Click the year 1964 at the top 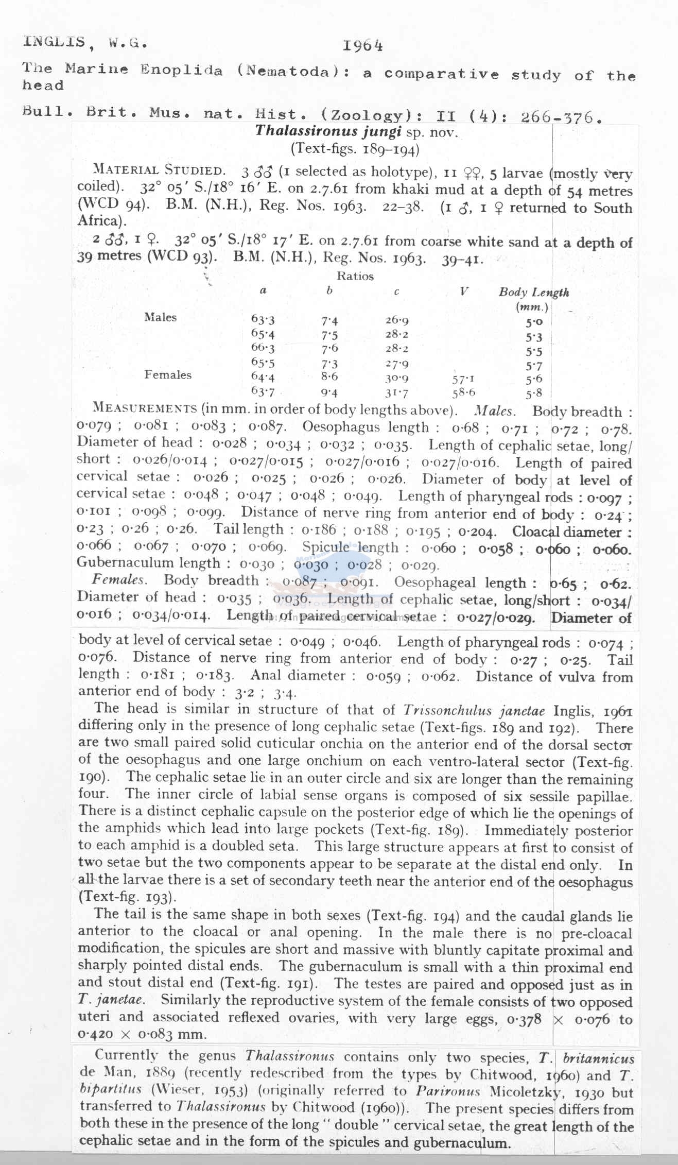pyautogui.click(x=363, y=46)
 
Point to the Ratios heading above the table pyautogui.click(x=355, y=277)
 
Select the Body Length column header pyautogui.click(x=534, y=293)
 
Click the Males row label pyautogui.click(x=161, y=317)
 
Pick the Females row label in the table pyautogui.click(x=168, y=375)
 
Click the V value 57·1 pyautogui.click(x=463, y=379)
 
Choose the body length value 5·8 pyautogui.click(x=534, y=394)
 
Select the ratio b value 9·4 pyautogui.click(x=329, y=392)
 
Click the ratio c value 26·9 pyautogui.click(x=397, y=320)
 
